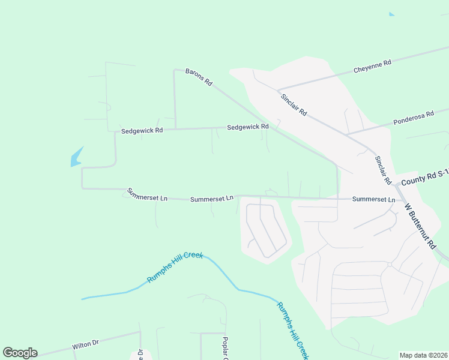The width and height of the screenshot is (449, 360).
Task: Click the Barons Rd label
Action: (199, 76)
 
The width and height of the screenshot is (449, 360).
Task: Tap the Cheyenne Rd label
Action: (372, 65)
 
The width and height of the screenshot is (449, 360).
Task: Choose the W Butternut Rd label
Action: (420, 226)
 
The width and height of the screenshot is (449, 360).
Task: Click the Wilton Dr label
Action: (85, 345)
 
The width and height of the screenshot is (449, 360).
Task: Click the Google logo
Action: (20, 353)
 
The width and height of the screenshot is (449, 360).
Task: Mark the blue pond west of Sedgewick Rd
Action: (76, 157)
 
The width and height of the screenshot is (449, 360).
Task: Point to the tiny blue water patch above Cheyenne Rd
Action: (392, 14)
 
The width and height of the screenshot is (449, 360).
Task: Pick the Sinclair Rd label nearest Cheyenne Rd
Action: (294, 104)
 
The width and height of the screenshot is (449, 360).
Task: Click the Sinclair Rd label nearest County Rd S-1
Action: (383, 170)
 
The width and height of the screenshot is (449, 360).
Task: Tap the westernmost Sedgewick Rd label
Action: (142, 130)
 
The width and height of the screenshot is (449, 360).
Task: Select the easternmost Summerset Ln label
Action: (373, 199)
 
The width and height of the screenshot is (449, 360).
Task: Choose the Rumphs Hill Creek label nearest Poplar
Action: (292, 329)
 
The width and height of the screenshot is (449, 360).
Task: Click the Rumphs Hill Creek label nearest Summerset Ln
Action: (175, 267)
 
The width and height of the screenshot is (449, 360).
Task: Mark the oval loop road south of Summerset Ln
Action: (265, 230)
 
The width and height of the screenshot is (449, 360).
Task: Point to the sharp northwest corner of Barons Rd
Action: (175, 70)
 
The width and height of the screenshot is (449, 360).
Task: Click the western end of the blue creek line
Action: (82, 298)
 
